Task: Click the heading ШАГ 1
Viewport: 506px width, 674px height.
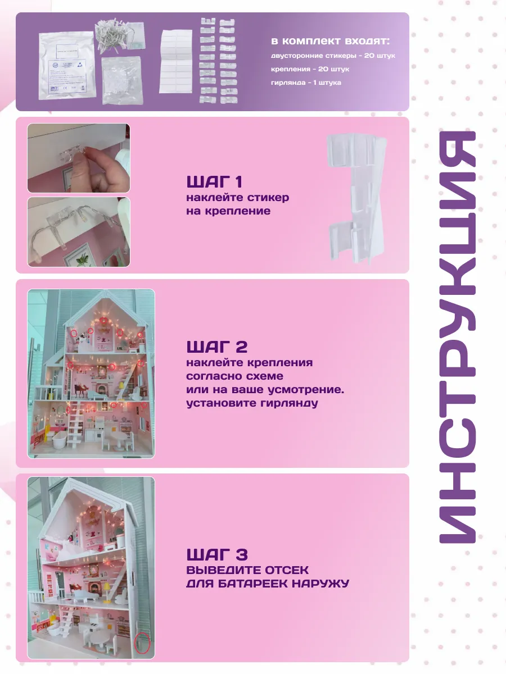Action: tap(214, 181)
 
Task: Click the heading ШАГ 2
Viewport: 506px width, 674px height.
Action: tap(217, 347)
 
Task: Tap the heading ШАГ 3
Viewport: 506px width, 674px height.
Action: tap(217, 554)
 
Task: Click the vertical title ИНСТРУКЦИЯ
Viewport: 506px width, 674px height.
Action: tap(457, 337)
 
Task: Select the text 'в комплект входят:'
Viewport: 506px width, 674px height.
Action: tap(330, 41)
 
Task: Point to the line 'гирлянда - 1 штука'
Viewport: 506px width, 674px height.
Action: tap(306, 83)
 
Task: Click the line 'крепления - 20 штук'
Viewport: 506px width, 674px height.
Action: tap(310, 69)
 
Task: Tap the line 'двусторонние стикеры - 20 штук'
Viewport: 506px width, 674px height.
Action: tap(333, 56)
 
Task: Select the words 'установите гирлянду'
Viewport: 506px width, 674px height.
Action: tap(252, 403)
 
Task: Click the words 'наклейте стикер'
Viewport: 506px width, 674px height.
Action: tap(237, 198)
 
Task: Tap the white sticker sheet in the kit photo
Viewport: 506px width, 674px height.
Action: tap(176, 61)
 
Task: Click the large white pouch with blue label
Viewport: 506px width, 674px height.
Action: tap(67, 65)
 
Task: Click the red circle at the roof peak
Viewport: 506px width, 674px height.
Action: tap(104, 321)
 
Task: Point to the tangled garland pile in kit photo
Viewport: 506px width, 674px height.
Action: tap(111, 34)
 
